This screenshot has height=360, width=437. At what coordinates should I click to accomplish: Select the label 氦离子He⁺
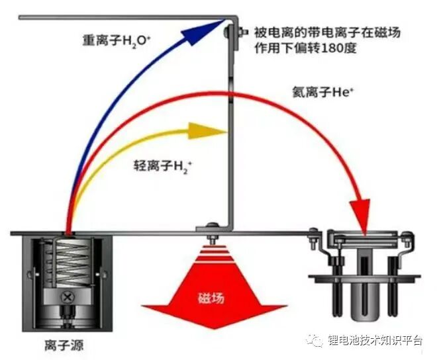click(322, 92)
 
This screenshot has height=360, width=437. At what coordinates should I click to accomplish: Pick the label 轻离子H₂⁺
click(163, 167)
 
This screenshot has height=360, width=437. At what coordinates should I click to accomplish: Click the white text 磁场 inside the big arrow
click(211, 298)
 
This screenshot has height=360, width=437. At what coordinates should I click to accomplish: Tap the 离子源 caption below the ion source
click(64, 345)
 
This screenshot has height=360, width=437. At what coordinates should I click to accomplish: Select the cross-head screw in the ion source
click(67, 297)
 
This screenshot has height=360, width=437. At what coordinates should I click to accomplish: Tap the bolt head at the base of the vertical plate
click(213, 225)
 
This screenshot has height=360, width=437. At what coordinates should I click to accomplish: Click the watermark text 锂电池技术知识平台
click(375, 340)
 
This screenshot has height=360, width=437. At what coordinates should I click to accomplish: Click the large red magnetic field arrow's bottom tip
click(215, 328)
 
